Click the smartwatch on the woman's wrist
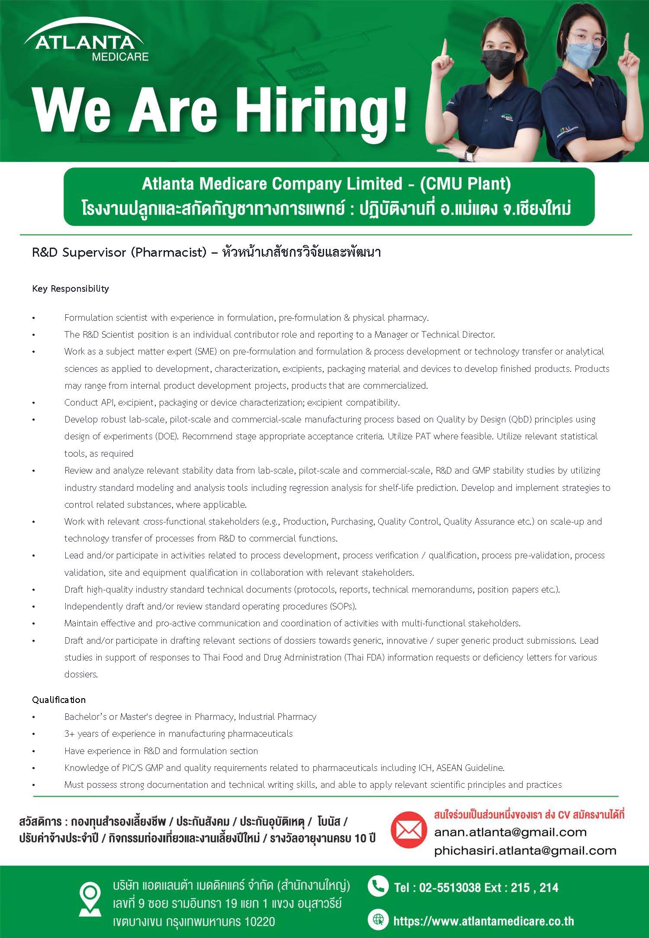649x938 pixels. click(470, 151)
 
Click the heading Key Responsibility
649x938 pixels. click(71, 289)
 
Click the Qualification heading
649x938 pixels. click(59, 700)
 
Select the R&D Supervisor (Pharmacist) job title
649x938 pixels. click(119, 252)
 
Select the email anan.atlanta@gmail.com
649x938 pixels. click(510, 832)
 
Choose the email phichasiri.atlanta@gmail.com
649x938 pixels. click(525, 851)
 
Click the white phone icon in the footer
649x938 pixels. click(377, 887)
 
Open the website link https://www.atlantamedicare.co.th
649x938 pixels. click(483, 921)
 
